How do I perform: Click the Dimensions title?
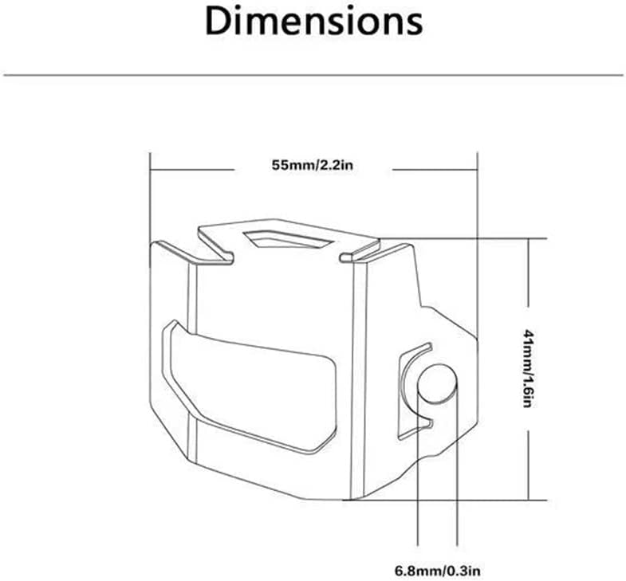[x=313, y=22]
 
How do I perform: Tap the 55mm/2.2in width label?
[x=313, y=165]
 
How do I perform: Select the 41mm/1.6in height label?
[x=528, y=368]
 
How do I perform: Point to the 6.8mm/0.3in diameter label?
[x=438, y=570]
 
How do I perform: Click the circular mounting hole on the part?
[x=437, y=383]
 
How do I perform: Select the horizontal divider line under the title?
[x=313, y=75]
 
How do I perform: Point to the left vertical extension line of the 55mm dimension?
[x=150, y=198]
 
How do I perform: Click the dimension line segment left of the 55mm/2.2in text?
[x=192, y=170]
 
